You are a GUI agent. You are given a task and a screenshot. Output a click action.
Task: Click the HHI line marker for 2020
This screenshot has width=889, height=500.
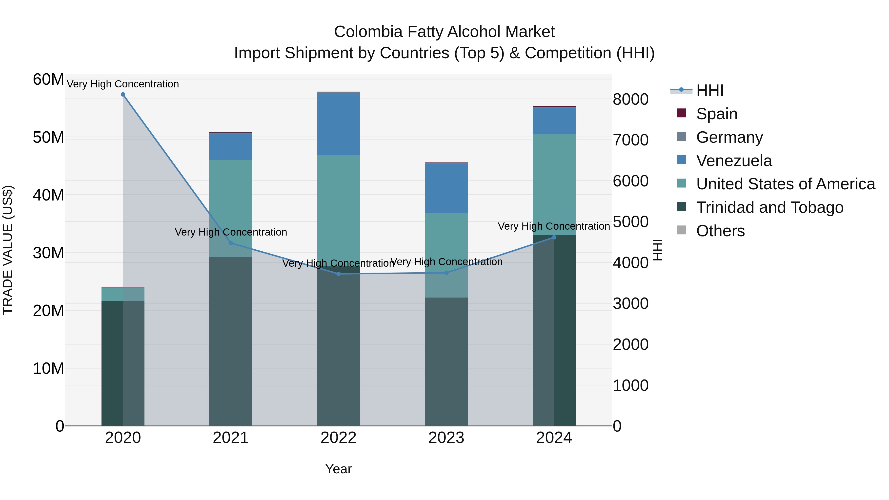[123, 95]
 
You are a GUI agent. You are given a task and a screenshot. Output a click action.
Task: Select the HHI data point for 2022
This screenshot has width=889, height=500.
[338, 274]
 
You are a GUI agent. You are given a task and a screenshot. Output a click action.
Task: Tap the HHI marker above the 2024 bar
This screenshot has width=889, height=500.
[554, 237]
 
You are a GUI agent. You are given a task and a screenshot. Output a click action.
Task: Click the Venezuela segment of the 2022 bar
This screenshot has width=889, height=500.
[338, 124]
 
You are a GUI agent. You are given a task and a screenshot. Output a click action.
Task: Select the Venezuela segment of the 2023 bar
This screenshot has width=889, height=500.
[446, 188]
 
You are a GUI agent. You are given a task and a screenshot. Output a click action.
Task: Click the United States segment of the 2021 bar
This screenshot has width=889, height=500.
[231, 193]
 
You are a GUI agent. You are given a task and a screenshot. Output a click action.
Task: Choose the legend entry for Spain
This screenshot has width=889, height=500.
[716, 114]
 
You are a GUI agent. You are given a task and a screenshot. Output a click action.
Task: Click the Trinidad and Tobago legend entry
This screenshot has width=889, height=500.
[769, 207]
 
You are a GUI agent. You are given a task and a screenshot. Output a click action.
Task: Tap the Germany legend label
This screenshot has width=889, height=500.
[729, 137]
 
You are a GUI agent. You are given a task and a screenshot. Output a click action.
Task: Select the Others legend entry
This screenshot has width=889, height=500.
[720, 231]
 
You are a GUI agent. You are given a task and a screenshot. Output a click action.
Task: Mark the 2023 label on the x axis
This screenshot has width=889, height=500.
[446, 438]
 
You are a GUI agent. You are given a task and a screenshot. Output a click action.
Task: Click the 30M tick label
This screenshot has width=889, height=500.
[48, 253]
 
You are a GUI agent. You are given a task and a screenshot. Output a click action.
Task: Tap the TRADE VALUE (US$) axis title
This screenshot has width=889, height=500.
[8, 250]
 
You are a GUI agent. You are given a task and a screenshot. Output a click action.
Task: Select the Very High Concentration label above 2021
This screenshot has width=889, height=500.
[231, 232]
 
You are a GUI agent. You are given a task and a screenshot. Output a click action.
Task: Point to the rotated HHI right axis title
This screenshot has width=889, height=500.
[658, 250]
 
